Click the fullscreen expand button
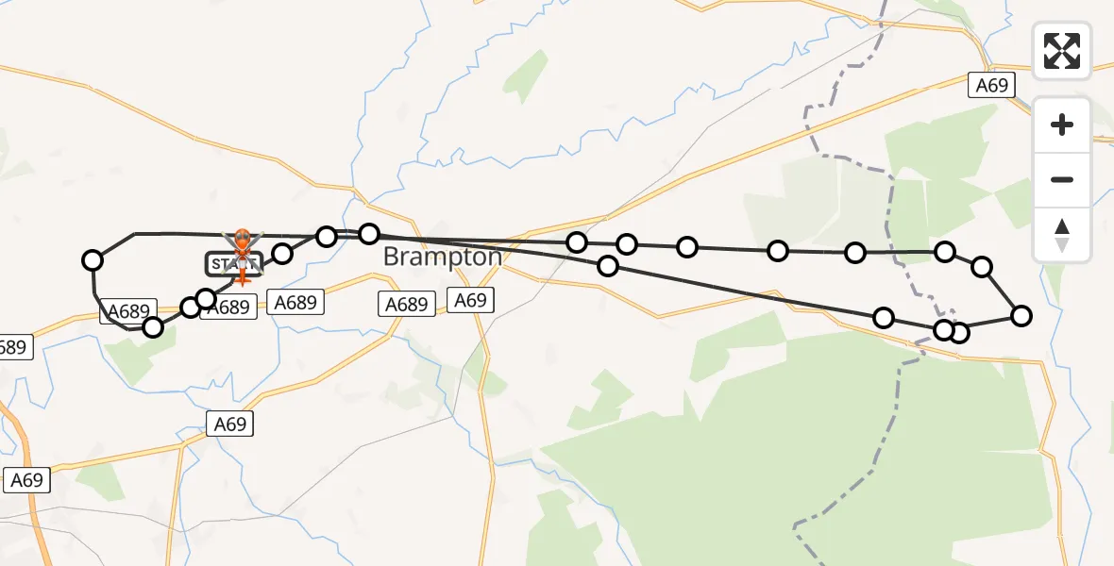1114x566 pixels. click(x=1062, y=51)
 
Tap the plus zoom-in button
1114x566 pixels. click(x=1062, y=125)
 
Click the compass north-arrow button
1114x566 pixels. click(x=1062, y=233)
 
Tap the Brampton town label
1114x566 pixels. click(x=442, y=257)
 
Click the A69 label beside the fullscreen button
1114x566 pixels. click(x=992, y=85)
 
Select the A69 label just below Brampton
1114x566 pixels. click(x=469, y=301)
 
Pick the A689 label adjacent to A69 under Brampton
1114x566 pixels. click(x=407, y=304)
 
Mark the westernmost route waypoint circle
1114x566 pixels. click(x=93, y=260)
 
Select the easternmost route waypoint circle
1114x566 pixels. click(x=1021, y=316)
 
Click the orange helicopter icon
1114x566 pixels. click(x=243, y=242)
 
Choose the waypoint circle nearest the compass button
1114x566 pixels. click(x=982, y=266)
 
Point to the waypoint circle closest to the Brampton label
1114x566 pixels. click(x=369, y=233)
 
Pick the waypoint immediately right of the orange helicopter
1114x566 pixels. click(x=282, y=253)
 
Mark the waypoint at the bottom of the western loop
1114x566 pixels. click(x=153, y=327)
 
